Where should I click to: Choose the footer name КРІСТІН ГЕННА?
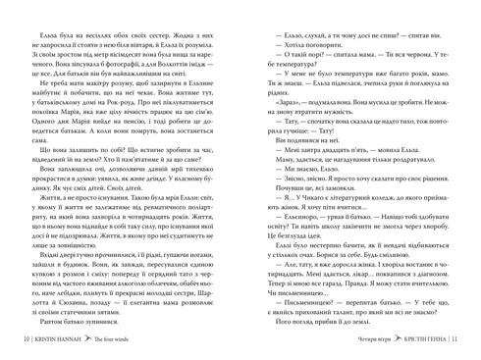point(430,343)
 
